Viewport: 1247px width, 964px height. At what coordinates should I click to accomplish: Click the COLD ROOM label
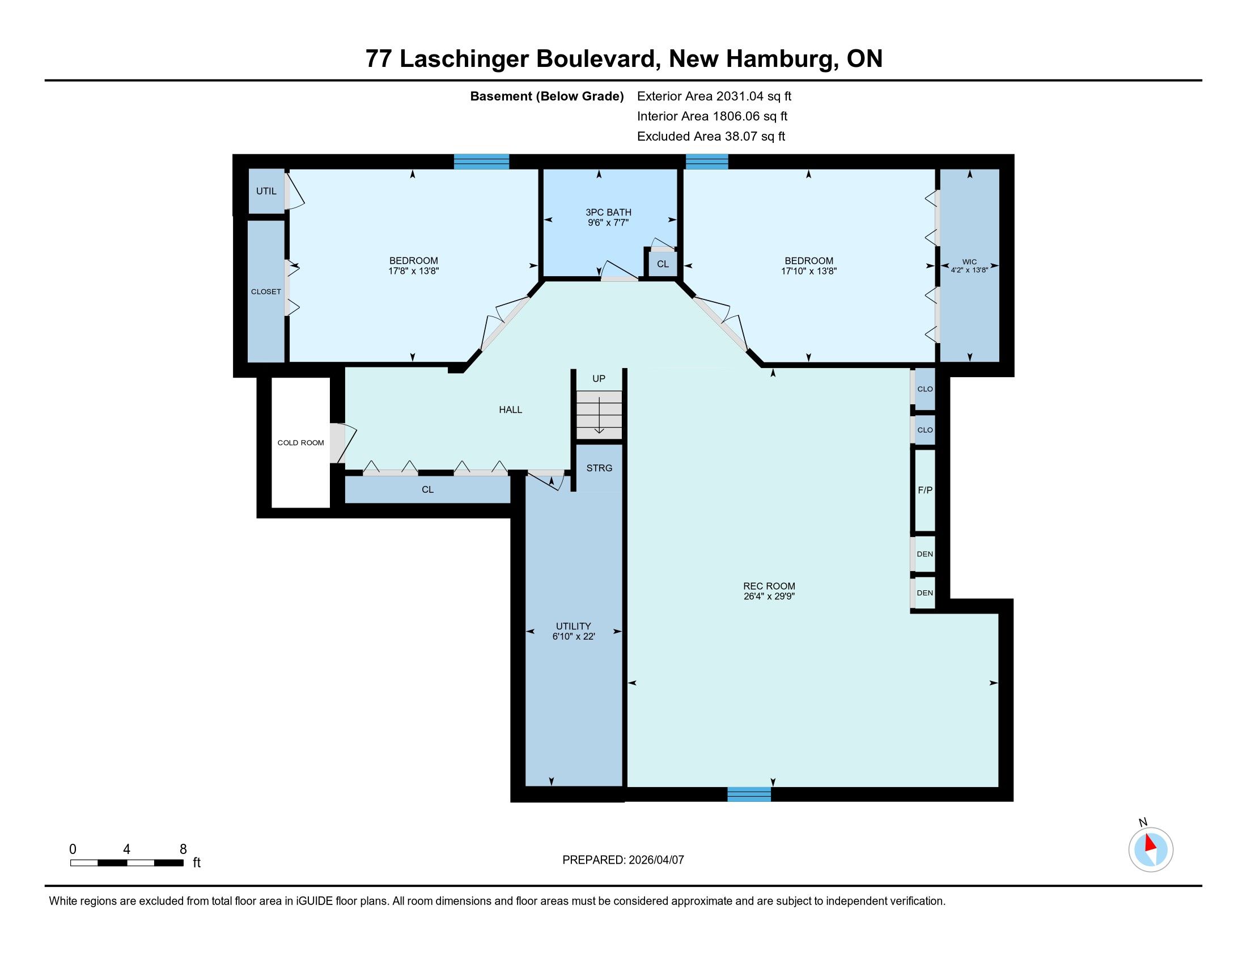click(x=300, y=443)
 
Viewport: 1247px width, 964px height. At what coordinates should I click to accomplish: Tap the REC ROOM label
click(x=769, y=586)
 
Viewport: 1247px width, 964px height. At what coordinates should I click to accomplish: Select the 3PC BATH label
click(x=608, y=213)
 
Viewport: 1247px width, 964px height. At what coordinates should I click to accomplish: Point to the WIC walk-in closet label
click(x=969, y=261)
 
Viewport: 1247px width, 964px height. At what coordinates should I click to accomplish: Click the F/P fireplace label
click(x=925, y=490)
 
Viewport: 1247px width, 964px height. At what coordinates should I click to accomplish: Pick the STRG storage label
click(x=599, y=468)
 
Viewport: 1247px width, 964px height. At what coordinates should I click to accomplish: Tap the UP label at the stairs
click(x=599, y=379)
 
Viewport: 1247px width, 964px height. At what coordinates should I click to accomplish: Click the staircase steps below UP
click(x=599, y=415)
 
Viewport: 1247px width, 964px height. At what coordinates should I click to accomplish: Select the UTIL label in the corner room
click(x=266, y=191)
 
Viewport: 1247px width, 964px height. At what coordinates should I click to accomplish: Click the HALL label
click(x=511, y=409)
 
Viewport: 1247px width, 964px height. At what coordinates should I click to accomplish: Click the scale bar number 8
click(x=183, y=849)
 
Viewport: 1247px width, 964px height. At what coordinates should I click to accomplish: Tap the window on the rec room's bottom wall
click(x=749, y=794)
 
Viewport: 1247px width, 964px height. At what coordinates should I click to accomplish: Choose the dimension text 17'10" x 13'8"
click(x=808, y=271)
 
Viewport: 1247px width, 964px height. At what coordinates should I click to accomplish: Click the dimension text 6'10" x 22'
click(x=573, y=636)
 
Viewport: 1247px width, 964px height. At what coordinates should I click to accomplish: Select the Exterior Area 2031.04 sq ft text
click(x=714, y=96)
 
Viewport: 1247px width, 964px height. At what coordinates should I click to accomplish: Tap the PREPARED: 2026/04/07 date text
click(x=623, y=860)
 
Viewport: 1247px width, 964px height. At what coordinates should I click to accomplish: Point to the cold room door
click(x=341, y=443)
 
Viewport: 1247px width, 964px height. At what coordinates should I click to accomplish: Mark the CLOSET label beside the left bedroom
click(x=266, y=292)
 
